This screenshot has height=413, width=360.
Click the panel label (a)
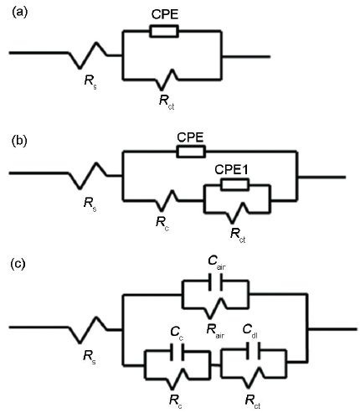[19, 13]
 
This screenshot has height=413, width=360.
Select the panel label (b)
[19, 141]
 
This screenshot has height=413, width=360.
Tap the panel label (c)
[18, 264]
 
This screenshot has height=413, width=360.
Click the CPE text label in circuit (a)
[165, 14]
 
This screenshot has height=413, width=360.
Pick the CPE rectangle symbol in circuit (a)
[164, 31]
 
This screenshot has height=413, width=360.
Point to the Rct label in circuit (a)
[167, 101]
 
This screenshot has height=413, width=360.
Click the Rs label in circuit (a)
[90, 82]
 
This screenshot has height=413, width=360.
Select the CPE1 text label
[231, 170]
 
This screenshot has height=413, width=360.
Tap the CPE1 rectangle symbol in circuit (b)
[234, 184]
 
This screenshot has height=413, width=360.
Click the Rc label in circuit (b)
[162, 224]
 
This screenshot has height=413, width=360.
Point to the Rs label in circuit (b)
[90, 204]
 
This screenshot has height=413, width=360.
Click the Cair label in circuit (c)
[217, 262]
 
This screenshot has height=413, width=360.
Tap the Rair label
[215, 332]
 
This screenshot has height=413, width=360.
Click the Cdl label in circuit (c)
[250, 331]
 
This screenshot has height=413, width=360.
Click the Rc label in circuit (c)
[176, 402]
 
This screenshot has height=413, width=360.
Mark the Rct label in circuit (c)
[253, 402]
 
